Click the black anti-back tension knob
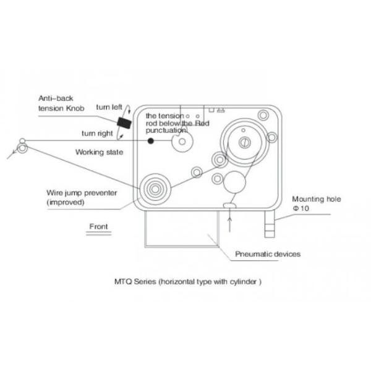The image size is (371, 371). tap(124, 123)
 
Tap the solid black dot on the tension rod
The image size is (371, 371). tap(151, 141)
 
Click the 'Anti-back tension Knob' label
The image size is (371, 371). tap(61, 103)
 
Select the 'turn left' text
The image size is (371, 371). tap(109, 107)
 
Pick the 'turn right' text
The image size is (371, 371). tap(97, 134)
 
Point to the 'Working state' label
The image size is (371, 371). tap(100, 152)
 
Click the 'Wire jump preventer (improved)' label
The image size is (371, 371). tap(82, 197)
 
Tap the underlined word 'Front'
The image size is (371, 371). tap(98, 226)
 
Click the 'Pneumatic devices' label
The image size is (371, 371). tap(268, 254)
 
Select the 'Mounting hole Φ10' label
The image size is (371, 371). tap(317, 203)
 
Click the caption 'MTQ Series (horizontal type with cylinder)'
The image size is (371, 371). tap(188, 281)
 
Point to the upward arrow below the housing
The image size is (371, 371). tap(229, 225)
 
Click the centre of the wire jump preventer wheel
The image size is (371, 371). tap(155, 189)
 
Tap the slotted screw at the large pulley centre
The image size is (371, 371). tap(245, 142)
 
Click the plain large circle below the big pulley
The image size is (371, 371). tap(234, 182)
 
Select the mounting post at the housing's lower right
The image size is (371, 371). tap(270, 224)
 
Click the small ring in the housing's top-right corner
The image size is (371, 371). tap(263, 116)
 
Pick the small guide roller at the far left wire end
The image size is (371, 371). tap(22, 148)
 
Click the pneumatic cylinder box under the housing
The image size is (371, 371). tap(182, 229)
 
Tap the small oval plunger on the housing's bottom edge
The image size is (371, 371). tap(229, 205)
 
